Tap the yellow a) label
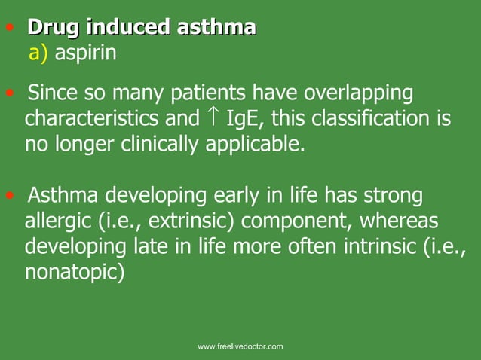38,53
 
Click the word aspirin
85,54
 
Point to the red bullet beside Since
9,95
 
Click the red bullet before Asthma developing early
9,198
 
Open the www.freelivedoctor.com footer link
240,346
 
